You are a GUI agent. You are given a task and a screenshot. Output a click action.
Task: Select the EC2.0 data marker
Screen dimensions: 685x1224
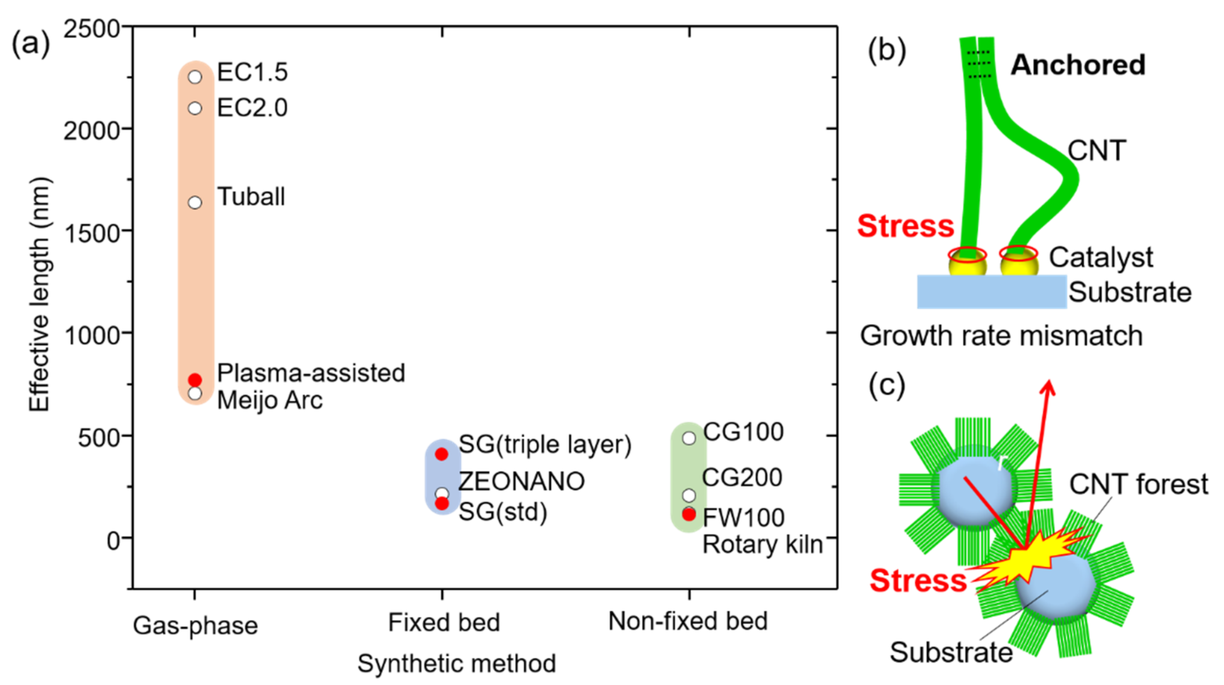coord(195,108)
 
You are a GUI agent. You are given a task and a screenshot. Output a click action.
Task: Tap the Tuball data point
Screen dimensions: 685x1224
coord(195,203)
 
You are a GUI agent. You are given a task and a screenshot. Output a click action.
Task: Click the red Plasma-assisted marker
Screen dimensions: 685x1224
coord(195,380)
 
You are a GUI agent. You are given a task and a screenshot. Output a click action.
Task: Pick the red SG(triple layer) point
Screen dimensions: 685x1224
coord(441,454)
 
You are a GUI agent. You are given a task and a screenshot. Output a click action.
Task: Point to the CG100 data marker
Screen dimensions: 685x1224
coord(689,438)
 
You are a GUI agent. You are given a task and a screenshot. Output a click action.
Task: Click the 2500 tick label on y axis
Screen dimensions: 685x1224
coord(92,29)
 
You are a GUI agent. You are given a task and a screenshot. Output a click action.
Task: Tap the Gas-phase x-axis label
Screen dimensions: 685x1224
coord(195,625)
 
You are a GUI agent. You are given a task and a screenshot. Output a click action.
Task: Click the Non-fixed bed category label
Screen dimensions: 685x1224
coord(688,621)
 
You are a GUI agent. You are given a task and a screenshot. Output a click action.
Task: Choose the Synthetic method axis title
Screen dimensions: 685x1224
coord(456,663)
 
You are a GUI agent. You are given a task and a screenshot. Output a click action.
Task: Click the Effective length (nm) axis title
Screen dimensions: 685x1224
coord(40,295)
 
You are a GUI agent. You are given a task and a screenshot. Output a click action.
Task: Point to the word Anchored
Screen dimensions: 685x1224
coord(1078,65)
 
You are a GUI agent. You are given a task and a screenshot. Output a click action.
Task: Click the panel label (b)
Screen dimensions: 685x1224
coord(887,51)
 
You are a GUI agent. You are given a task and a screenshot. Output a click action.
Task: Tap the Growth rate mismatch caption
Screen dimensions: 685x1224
coord(1001,336)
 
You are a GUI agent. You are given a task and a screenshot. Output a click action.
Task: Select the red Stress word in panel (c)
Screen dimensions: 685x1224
coord(918,580)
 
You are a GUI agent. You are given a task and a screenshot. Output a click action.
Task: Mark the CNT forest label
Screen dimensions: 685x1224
coord(1138,484)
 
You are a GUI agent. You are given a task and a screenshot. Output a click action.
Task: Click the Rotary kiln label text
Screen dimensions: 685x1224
coord(762,544)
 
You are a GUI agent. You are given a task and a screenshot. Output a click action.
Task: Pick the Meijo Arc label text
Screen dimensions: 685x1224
coord(270,400)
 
